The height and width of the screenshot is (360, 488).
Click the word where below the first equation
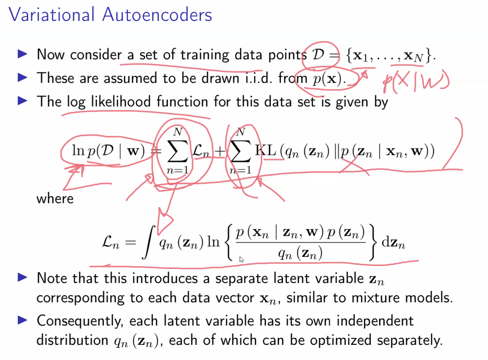click(55, 199)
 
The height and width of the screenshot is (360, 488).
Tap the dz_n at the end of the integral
click(393, 243)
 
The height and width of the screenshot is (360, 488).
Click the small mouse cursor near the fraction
click(242, 259)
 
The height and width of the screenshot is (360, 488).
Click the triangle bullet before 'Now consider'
click(23, 54)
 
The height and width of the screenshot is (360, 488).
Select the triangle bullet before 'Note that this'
click(23, 278)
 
